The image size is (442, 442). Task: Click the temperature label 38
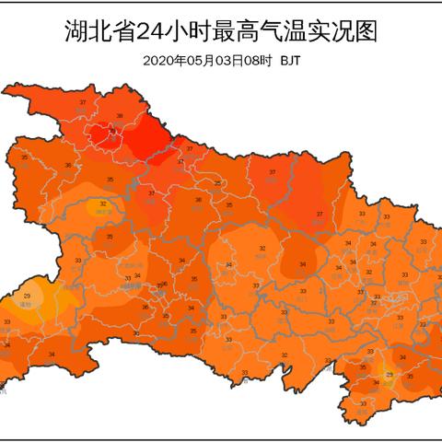[x=119, y=116]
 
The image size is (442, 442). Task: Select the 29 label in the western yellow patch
[x=27, y=295]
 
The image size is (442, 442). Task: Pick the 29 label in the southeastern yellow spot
[x=389, y=375]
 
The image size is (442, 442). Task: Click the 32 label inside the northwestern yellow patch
[x=102, y=204]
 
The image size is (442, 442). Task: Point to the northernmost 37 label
[x=84, y=101]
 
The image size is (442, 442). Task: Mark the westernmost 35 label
[x=24, y=157]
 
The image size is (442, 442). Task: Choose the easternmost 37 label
[x=320, y=215]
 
